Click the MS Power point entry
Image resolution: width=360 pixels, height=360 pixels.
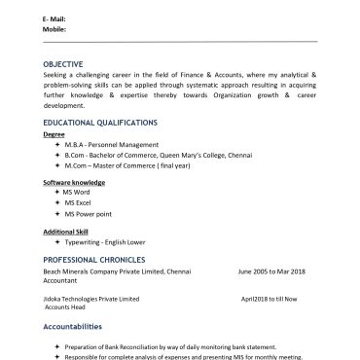click(88, 212)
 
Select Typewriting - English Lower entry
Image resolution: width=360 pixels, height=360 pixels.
click(105, 241)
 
